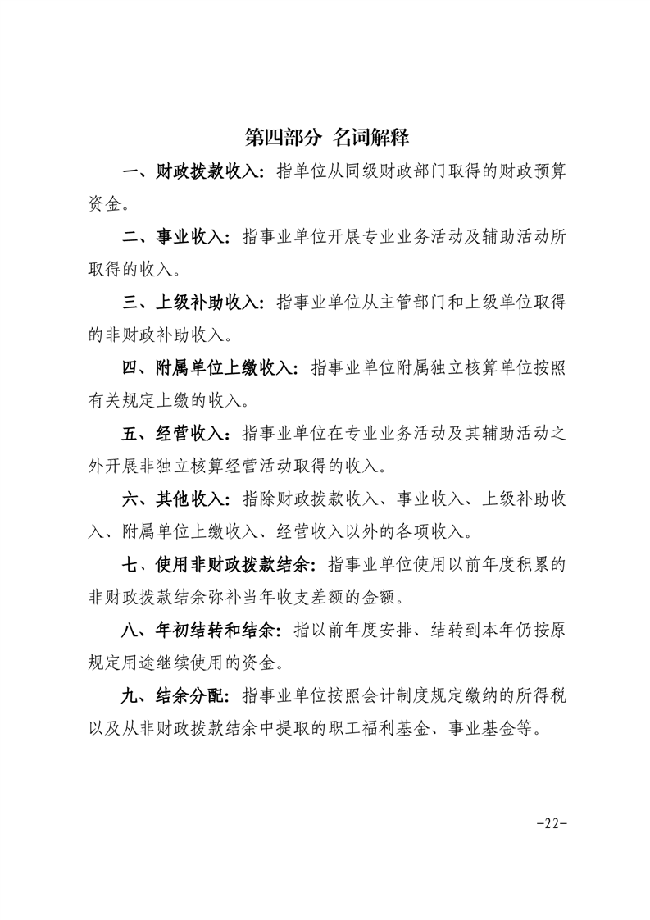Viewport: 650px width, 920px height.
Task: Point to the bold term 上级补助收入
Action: (x=207, y=302)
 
